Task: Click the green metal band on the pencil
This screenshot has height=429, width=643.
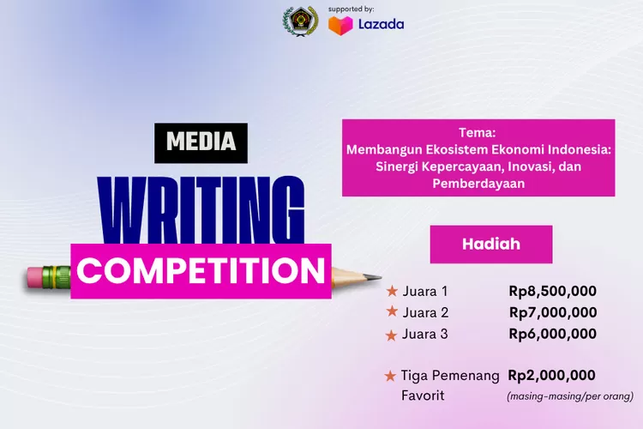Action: tap(57, 276)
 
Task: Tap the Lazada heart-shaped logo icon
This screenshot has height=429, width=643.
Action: tap(340, 25)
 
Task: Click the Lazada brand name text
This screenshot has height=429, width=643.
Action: tap(382, 25)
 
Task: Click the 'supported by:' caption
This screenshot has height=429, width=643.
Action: tap(352, 9)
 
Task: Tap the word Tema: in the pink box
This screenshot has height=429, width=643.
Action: tap(478, 133)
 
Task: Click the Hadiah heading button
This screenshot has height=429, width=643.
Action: tap(491, 244)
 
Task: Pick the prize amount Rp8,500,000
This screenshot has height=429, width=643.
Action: tap(552, 291)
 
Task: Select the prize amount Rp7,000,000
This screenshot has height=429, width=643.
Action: tap(552, 312)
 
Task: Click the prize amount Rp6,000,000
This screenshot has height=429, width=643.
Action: tap(552, 334)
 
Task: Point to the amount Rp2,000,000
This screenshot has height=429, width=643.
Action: tap(552, 375)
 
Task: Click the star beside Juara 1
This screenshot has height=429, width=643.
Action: tap(392, 290)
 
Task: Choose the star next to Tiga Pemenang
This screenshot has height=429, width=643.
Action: tap(391, 376)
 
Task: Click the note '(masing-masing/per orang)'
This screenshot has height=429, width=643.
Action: tap(569, 396)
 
